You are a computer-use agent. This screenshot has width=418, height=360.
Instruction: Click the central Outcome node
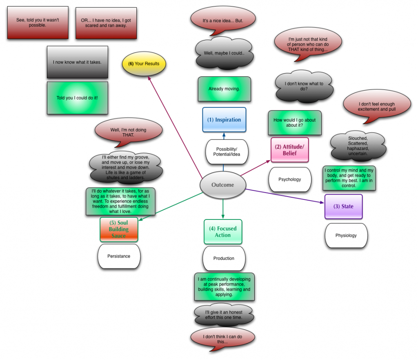coord(222,185)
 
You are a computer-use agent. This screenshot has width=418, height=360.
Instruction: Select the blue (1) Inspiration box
coord(224,120)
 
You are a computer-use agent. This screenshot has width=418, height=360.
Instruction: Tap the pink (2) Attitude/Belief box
coord(289,150)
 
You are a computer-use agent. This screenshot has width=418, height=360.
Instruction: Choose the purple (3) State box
coord(343,206)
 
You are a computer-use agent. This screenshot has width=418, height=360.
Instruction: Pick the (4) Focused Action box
coord(223,232)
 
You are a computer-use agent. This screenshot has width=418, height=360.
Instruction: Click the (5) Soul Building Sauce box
coord(119,229)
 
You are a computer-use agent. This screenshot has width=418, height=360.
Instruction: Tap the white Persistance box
coord(119,256)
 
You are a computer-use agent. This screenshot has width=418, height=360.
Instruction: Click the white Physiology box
coord(346,235)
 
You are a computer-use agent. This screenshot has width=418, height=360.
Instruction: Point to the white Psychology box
coord(289,179)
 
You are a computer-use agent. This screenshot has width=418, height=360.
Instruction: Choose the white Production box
coord(224,258)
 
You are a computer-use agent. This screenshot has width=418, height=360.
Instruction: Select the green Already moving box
coord(224,89)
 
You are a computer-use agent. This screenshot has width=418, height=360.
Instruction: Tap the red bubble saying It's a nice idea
coord(223,20)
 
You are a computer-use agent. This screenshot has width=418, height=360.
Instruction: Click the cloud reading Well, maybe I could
coord(224,53)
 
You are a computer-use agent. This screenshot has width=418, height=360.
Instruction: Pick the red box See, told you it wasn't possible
coord(38,23)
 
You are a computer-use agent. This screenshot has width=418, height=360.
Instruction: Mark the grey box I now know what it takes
coord(77,62)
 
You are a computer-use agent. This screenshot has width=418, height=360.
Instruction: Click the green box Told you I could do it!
coord(77,98)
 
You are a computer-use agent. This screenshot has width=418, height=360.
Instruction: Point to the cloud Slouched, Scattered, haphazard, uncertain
coord(358,146)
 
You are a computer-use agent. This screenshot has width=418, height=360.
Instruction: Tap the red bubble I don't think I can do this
coord(222,339)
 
